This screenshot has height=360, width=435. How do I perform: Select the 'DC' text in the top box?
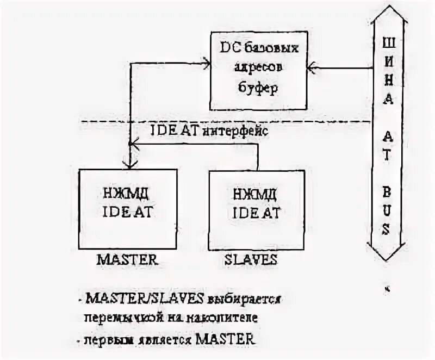[228, 48]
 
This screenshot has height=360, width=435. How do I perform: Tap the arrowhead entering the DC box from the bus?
[310, 67]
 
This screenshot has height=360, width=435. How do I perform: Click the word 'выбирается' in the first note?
[245, 300]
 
